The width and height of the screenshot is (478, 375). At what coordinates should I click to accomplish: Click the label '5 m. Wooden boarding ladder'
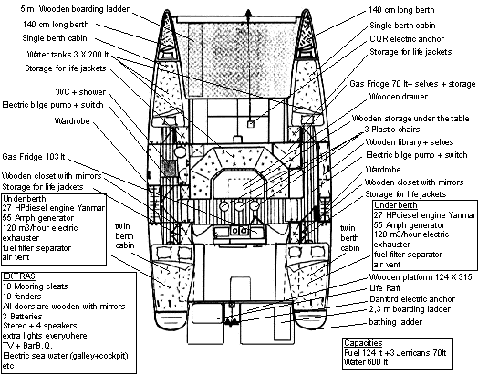tap(75, 9)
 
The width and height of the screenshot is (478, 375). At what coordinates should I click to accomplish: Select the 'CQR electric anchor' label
tap(407, 39)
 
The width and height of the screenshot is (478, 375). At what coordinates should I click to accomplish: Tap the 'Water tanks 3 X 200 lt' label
tap(68, 55)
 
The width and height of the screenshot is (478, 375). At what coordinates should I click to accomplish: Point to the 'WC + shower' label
tap(80, 92)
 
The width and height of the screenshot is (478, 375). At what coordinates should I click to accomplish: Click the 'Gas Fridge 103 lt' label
tap(34, 157)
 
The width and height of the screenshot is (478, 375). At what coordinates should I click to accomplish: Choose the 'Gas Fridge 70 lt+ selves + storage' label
tap(412, 84)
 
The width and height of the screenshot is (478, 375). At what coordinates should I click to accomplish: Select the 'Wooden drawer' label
tap(398, 97)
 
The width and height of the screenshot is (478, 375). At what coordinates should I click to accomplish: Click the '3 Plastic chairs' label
tap(392, 130)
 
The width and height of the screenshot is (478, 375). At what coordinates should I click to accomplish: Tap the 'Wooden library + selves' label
tap(410, 142)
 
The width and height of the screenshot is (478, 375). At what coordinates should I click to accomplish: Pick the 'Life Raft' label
tap(385, 288)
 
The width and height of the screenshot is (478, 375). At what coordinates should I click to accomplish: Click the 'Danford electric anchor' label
tap(412, 299)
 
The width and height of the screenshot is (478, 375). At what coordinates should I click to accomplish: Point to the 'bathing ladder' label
tap(395, 322)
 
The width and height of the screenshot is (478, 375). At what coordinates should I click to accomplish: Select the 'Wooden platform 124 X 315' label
tap(421, 277)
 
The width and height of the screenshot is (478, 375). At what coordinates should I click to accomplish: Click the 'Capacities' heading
tap(363, 343)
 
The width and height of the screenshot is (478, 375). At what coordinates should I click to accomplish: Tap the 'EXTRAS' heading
tap(19, 276)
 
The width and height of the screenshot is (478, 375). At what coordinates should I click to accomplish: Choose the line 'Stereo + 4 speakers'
tap(39, 326)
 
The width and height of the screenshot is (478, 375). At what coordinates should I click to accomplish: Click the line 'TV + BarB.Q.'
tap(27, 346)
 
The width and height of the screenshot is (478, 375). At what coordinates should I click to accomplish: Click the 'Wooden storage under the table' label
tap(410, 119)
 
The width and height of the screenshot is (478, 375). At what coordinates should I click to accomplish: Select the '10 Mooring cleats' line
tap(35, 286)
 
